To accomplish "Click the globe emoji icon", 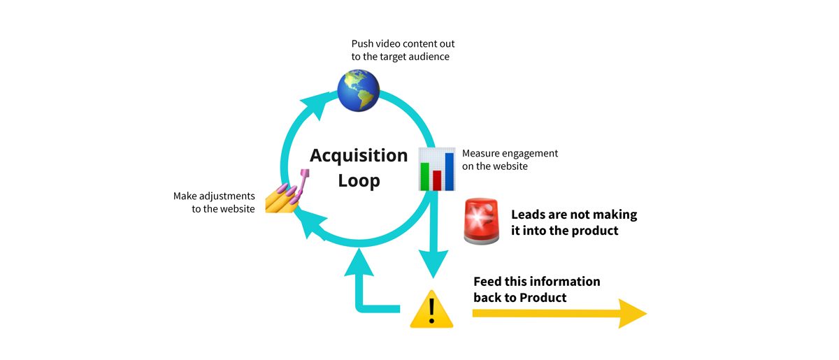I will click(x=358, y=89).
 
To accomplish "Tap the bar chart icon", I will click(x=436, y=168).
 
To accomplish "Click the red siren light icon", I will click(x=482, y=221).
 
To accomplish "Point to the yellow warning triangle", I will click(x=431, y=310).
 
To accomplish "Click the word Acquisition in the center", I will click(x=359, y=154).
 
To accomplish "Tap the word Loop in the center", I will click(x=359, y=180).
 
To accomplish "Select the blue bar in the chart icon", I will click(x=448, y=171).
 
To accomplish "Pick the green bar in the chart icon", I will click(x=424, y=175).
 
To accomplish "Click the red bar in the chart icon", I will click(x=436, y=180).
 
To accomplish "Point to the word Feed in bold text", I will click(x=489, y=282).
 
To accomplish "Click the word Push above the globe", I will click(x=363, y=43).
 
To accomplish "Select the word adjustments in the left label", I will click(x=224, y=196).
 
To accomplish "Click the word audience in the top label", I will click(x=426, y=57).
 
